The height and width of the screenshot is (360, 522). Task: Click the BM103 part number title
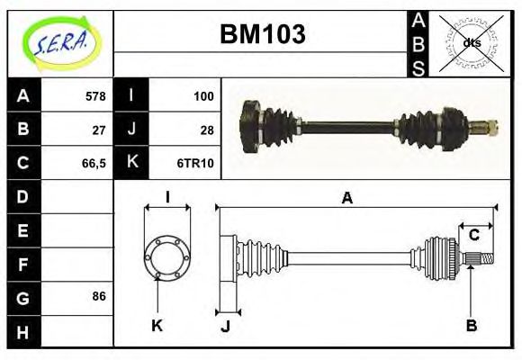point(263,34)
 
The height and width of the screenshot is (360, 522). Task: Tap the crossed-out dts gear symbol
point(471,42)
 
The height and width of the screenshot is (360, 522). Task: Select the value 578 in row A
point(95,95)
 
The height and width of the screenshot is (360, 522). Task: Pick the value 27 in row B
point(100,129)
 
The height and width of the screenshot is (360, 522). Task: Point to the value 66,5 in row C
point(93,163)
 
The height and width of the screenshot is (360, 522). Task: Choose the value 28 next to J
point(206,129)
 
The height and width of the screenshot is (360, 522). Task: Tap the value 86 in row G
point(99,295)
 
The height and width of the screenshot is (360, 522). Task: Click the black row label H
point(22,332)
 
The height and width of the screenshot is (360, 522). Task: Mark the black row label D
point(22,195)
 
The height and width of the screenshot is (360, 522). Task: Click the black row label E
point(22,229)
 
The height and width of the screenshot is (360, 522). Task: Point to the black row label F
point(22,264)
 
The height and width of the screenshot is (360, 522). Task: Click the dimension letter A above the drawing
point(346,198)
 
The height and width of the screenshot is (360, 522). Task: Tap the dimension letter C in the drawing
point(473,236)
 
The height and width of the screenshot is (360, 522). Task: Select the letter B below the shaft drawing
point(471,325)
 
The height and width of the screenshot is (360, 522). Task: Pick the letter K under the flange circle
point(157,325)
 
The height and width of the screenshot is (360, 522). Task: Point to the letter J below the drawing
point(226,327)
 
